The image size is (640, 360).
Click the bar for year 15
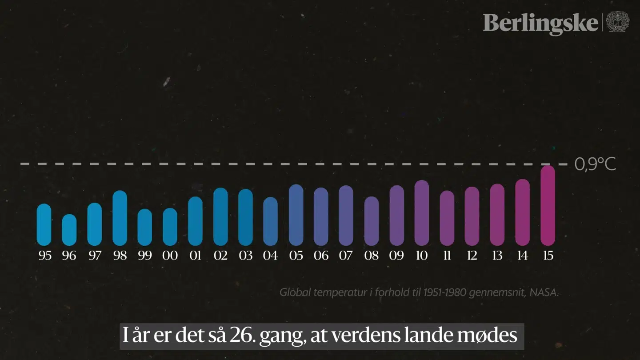click(x=548, y=205)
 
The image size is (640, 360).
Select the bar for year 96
click(x=69, y=230)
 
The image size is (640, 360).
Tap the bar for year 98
click(x=120, y=218)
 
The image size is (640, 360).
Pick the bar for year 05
click(x=296, y=215)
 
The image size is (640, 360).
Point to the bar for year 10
click(x=422, y=213)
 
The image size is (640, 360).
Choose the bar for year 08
click(x=372, y=221)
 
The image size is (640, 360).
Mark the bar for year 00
click(x=170, y=227)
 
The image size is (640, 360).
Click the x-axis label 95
click(x=44, y=256)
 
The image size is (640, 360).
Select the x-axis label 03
click(x=245, y=256)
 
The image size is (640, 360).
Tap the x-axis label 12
click(x=472, y=256)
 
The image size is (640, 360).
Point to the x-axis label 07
click(x=346, y=256)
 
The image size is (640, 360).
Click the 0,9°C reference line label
click(x=595, y=164)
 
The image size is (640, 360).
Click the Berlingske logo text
click(x=540, y=23)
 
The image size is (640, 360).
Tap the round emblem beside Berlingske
click(x=618, y=22)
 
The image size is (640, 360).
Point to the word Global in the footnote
click(x=292, y=293)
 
